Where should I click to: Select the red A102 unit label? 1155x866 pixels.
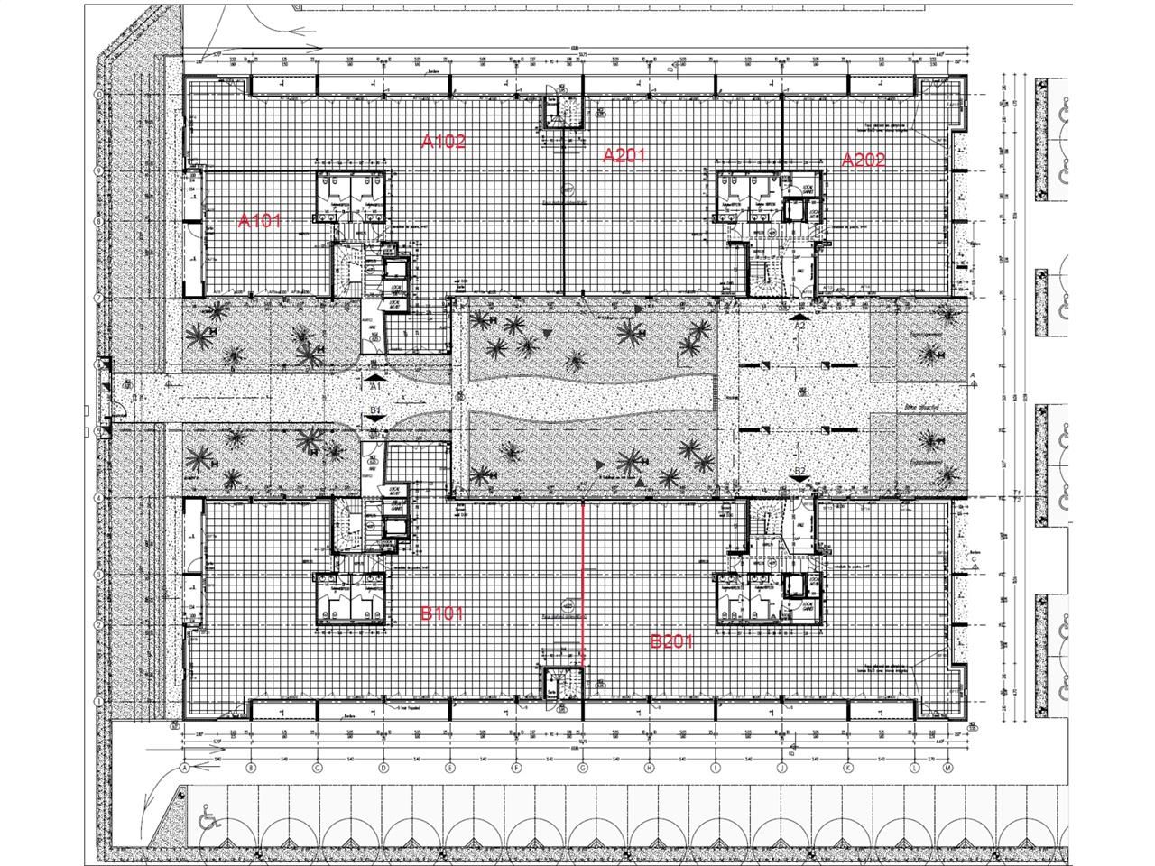pyautogui.click(x=443, y=141)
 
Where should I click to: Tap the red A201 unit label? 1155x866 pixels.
pyautogui.click(x=624, y=155)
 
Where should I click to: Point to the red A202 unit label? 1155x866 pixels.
pyautogui.click(x=864, y=160)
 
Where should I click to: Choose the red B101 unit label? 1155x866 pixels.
pyautogui.click(x=443, y=613)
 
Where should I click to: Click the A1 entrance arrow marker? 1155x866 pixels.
pyautogui.click(x=374, y=376)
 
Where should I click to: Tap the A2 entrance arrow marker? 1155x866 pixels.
pyautogui.click(x=799, y=318)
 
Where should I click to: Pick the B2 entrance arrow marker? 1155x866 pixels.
pyautogui.click(x=799, y=481)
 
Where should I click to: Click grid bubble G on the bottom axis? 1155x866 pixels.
pyautogui.click(x=582, y=768)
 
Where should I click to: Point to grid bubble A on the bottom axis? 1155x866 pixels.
pyautogui.click(x=184, y=768)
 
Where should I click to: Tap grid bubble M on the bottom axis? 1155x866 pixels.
pyautogui.click(x=947, y=768)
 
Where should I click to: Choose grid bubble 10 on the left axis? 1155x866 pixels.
pyautogui.click(x=98, y=94)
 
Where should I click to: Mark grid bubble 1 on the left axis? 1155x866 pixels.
pyautogui.click(x=98, y=701)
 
